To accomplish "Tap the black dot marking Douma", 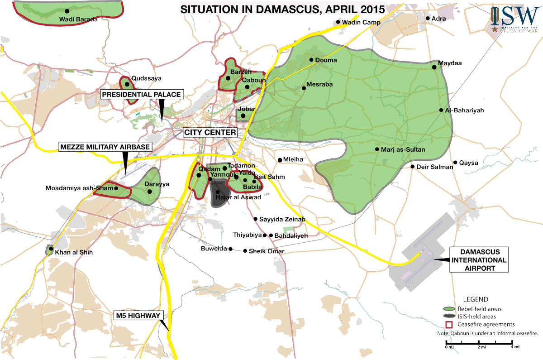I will click(x=311, y=60).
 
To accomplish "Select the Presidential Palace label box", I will click(x=142, y=94).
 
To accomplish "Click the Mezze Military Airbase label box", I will click(x=105, y=147).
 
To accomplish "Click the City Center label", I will click(x=210, y=132).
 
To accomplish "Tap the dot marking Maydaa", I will click(x=434, y=67).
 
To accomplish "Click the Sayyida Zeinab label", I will click(x=283, y=220).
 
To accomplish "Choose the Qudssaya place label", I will click(x=146, y=78).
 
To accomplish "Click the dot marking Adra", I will click(x=428, y=19).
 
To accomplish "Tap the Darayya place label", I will click(x=156, y=184).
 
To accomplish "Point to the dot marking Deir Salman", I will click(x=413, y=167).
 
